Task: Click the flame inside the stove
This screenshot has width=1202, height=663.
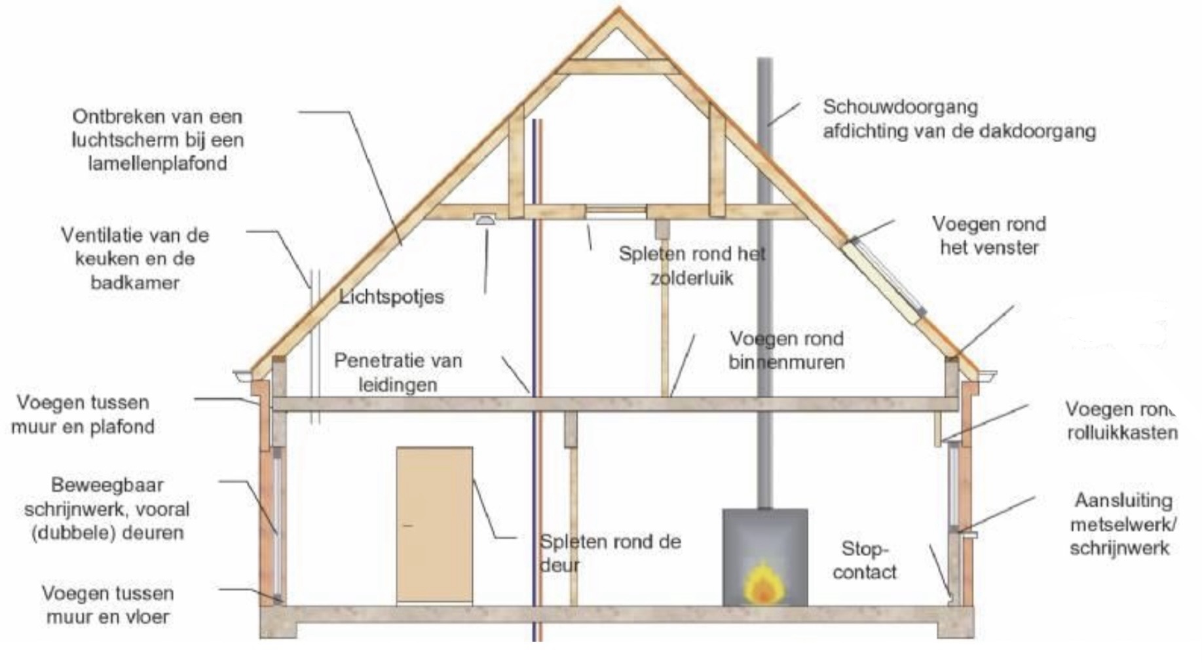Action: tap(763, 582)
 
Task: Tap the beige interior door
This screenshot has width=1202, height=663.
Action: tap(434, 525)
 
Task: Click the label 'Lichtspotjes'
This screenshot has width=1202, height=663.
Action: tap(392, 297)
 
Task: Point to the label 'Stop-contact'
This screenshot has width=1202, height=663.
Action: tap(865, 561)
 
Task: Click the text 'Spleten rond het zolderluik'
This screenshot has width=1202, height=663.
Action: tap(692, 265)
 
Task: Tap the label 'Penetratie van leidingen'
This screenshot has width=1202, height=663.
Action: tap(398, 372)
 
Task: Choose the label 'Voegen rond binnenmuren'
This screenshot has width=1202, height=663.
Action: tap(787, 350)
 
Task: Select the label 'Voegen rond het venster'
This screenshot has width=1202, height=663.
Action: tap(989, 236)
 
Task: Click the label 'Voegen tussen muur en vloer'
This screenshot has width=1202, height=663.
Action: tap(108, 605)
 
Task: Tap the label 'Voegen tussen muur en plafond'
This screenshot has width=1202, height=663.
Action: tap(83, 414)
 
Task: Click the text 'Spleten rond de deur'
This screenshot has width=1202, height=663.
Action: tap(610, 553)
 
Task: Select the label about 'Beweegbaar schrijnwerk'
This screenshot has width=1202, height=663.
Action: tap(107, 508)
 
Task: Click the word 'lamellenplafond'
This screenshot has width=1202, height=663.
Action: tap(157, 163)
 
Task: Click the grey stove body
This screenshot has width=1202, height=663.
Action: tap(764, 557)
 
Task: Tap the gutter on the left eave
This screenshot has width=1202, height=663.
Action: tap(244, 377)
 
